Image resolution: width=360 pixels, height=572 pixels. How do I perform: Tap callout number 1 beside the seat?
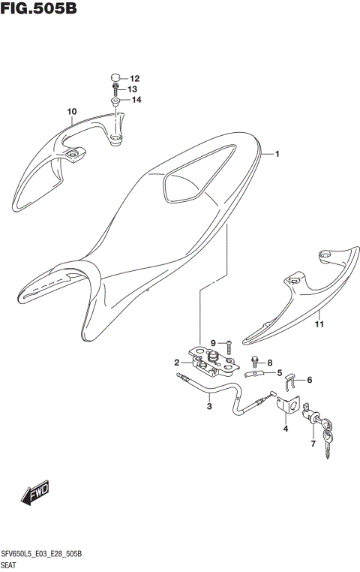(276, 155)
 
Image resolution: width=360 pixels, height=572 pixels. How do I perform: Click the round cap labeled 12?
(115, 78)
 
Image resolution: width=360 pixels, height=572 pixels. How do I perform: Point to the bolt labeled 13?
(115, 89)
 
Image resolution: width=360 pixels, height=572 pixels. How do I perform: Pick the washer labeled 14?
(115, 101)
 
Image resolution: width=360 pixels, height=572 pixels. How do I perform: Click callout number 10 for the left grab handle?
(71, 113)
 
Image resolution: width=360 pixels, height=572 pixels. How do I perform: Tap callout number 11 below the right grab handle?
(318, 324)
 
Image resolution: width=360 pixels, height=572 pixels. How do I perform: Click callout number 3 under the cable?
(209, 407)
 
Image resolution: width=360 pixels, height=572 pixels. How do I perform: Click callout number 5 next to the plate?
(279, 373)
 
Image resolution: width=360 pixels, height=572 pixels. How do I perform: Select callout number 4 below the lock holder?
(286, 429)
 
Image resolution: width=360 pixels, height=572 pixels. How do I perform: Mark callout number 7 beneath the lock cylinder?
(313, 444)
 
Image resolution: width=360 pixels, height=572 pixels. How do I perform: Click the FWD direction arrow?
(34, 492)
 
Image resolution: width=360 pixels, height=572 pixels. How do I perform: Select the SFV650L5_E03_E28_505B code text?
(47, 553)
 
